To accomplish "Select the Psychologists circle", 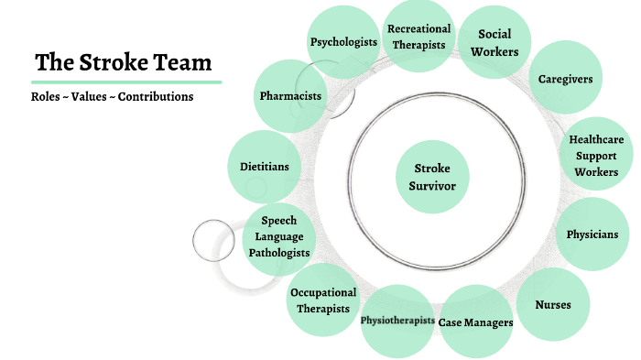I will pos(343,42).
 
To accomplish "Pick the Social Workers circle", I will pos(494,42).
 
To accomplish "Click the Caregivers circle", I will pos(565,79).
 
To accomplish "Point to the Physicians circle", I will pos(592,234).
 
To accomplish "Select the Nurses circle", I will pos(552,304).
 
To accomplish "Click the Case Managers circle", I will pos(475,322).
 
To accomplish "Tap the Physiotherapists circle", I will pos(397,321).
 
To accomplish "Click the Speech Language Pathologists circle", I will pos(278,236).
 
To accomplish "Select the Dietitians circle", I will pos(264,167).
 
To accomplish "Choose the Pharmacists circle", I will pos(290,95).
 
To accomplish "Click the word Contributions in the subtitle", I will pos(156,96).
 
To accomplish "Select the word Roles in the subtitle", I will pos(46,96).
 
